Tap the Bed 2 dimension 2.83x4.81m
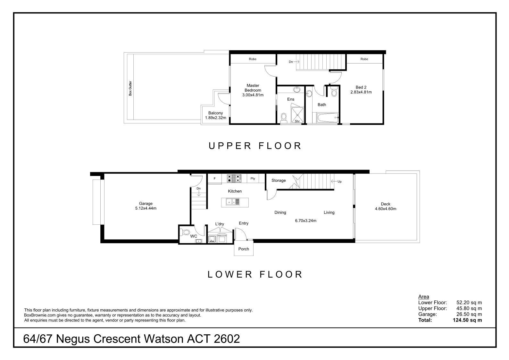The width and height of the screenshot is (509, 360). click(x=361, y=92)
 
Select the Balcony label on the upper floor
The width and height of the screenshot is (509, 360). click(x=215, y=113)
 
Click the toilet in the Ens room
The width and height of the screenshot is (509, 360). click(x=284, y=118)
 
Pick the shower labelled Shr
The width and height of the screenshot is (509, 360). click(x=297, y=115)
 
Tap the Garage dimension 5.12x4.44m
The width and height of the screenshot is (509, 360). click(x=146, y=208)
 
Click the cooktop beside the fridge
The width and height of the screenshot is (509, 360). click(x=234, y=178)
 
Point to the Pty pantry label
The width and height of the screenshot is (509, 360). click(x=253, y=179)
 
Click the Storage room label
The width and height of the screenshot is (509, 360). click(x=279, y=180)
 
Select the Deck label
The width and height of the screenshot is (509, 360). click(x=385, y=204)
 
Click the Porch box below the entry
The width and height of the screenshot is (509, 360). click(x=244, y=249)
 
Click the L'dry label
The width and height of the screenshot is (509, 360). click(x=220, y=224)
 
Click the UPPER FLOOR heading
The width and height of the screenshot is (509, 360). click(x=255, y=146)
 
